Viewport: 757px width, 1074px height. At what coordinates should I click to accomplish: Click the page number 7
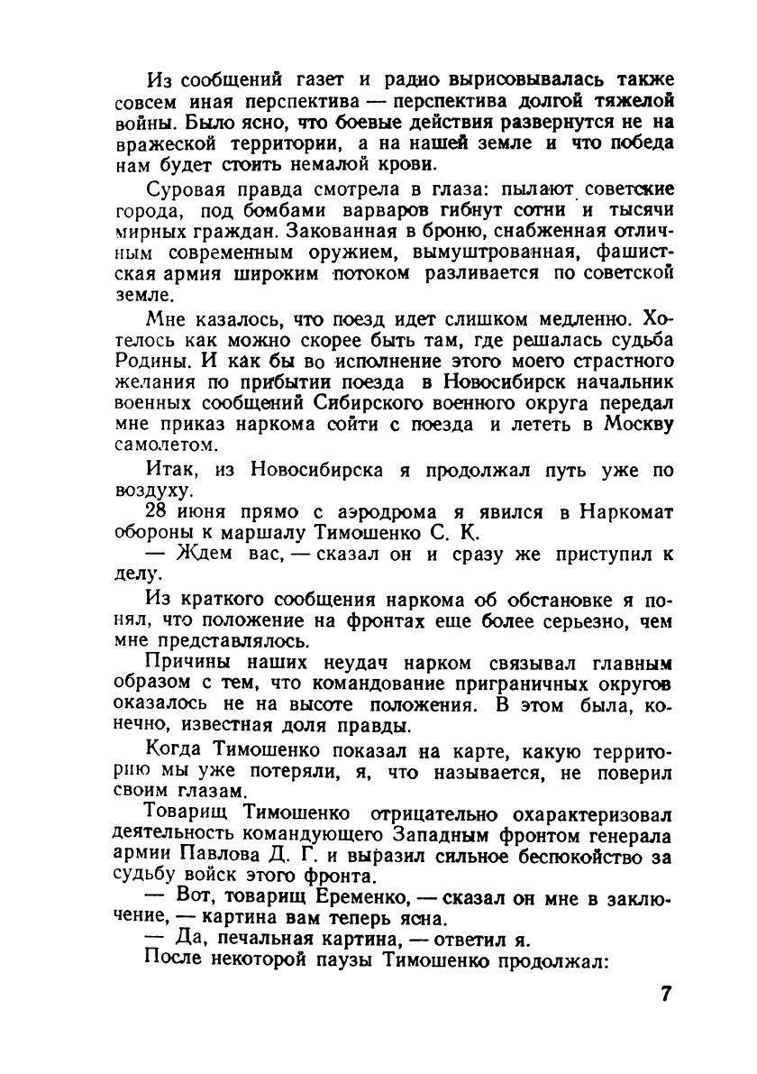click(665, 995)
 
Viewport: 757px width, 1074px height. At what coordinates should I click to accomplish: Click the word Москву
click(637, 425)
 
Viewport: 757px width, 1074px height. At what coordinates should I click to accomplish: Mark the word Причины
click(181, 662)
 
